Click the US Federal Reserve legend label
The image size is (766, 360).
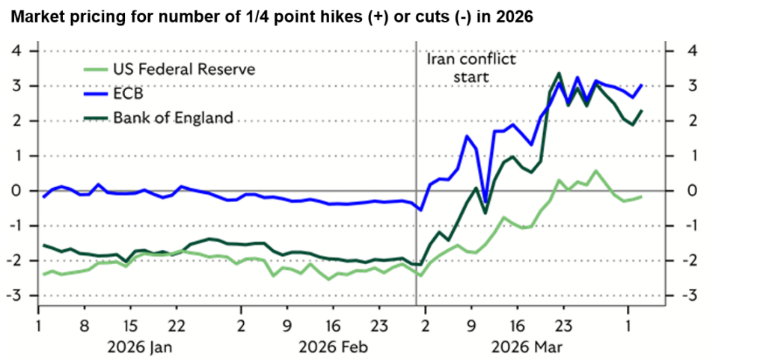tap(184, 70)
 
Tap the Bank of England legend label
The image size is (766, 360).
tap(173, 118)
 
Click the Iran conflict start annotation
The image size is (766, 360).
tap(471, 67)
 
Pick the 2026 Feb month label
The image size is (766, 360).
tap(334, 347)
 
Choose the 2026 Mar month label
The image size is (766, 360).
tap(526, 347)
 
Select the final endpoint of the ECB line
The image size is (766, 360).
tap(642, 85)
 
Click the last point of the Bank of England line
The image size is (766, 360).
tap(642, 111)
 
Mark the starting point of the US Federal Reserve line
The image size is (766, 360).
tap(44, 275)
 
